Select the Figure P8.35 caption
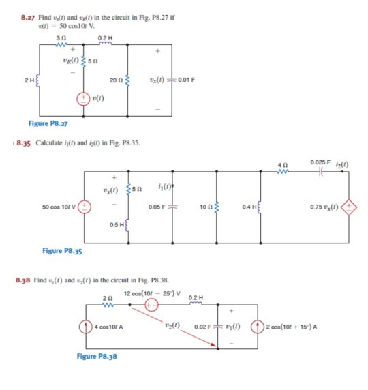[62, 250]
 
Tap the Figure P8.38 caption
[97, 357]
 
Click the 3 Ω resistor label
[59, 37]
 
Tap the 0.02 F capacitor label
[204, 327]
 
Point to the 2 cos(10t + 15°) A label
[296, 327]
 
